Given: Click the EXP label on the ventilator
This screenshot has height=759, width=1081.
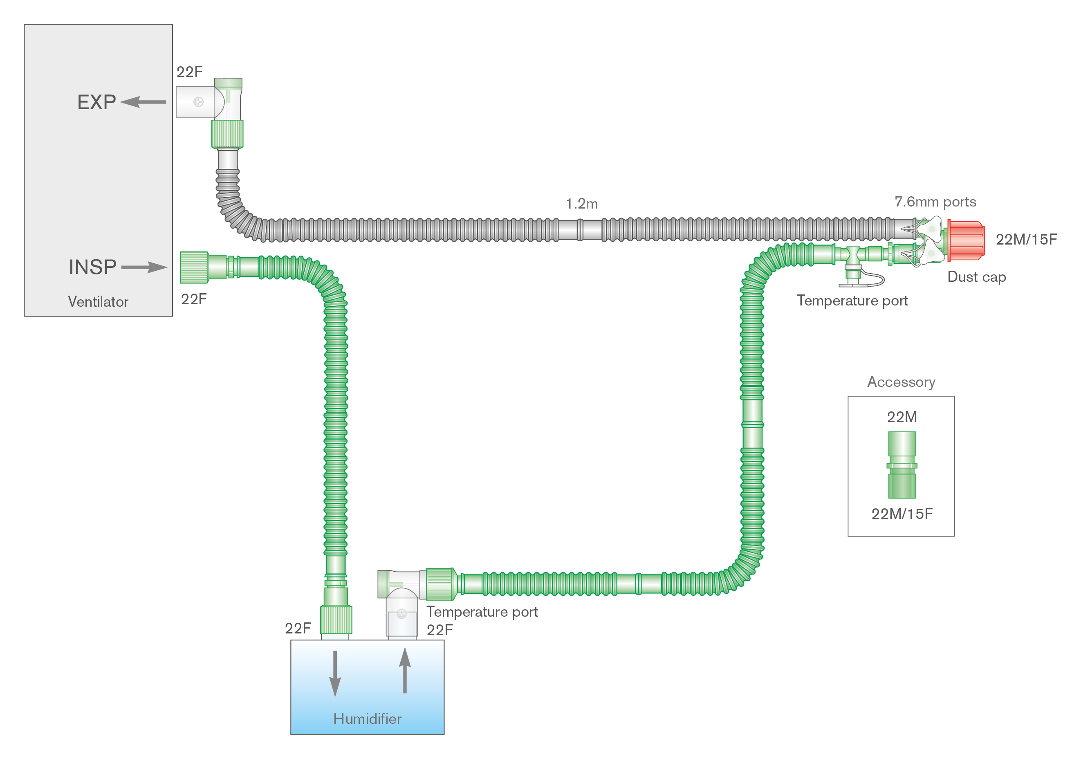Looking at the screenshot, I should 96,102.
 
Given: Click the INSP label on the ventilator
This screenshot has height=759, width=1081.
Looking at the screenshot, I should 92,267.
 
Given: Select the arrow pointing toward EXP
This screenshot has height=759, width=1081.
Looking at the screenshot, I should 143,102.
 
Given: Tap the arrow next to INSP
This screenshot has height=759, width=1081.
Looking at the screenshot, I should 144,267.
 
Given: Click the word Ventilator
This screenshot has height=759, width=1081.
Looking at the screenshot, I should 98,301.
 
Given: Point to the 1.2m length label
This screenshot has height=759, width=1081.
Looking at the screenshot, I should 581,204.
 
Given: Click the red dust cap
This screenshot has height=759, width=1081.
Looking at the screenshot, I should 965,240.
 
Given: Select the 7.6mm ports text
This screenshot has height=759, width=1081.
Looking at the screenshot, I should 935,202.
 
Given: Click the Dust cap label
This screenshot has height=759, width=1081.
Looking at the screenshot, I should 976,277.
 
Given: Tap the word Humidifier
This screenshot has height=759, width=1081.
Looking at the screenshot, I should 367,719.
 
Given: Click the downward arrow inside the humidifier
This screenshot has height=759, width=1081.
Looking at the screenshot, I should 335,673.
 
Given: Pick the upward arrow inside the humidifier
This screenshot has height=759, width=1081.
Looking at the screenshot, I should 405,671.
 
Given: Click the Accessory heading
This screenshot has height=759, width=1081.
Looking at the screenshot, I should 901,382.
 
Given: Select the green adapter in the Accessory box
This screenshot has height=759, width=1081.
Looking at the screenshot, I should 902,465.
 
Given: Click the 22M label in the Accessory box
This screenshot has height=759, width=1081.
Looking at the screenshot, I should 902,417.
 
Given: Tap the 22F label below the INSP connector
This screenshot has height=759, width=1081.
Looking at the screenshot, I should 194,299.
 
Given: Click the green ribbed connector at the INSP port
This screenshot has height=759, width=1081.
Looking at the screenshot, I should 194,267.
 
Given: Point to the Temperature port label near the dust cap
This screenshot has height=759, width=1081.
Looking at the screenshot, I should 852,301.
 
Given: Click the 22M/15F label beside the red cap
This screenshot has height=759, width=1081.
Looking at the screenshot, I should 1026,239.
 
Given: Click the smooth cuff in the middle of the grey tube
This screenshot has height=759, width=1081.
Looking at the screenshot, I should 580,230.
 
